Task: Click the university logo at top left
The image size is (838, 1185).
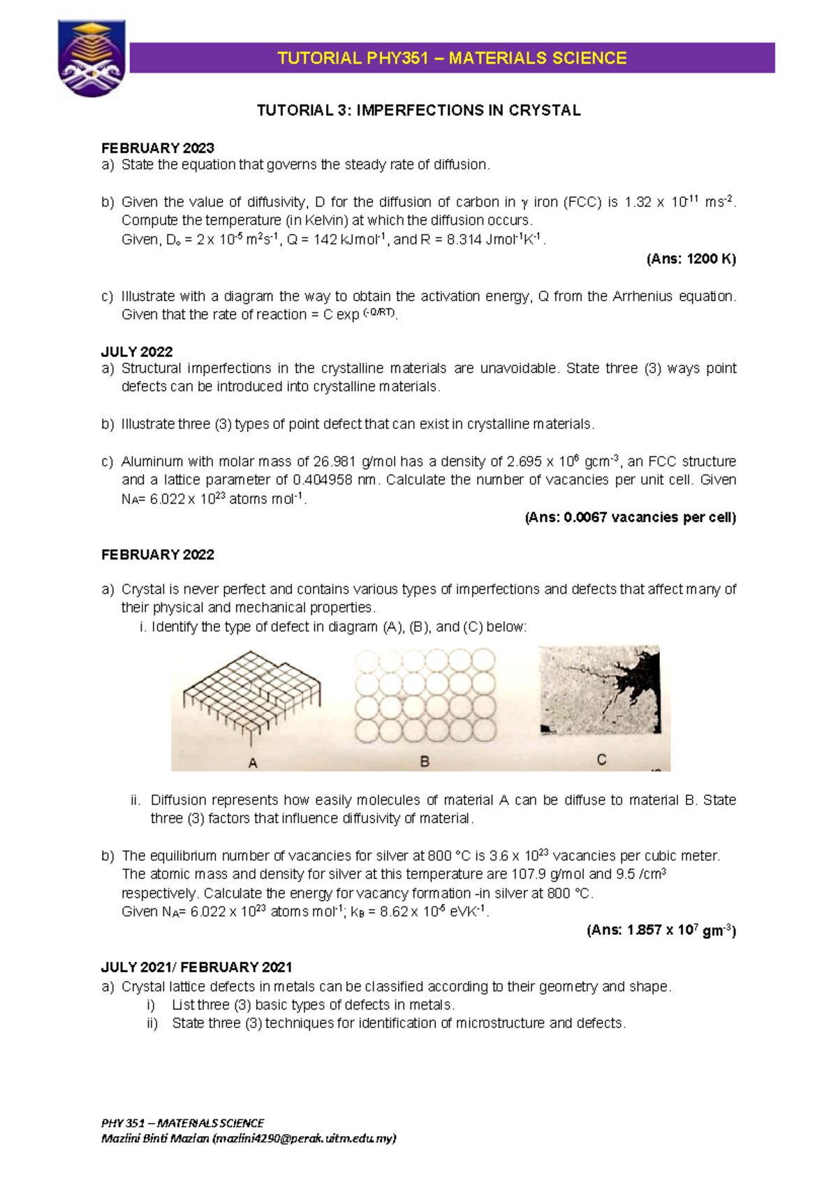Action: [x=91, y=57]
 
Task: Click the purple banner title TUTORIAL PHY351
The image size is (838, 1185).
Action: [x=452, y=58]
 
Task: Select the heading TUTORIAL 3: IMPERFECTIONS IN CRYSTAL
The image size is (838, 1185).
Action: [x=418, y=110]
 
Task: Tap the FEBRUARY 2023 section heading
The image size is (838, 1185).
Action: [x=158, y=148]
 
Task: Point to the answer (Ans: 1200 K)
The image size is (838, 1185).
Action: [x=691, y=259]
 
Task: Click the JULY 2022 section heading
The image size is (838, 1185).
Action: [x=137, y=351]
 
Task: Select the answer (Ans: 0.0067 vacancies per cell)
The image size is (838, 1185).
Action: [x=630, y=518]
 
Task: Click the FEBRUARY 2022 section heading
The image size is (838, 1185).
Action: [x=158, y=555]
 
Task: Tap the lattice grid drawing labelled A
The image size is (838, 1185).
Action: [x=251, y=695]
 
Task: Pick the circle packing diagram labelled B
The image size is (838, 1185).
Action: [x=425, y=695]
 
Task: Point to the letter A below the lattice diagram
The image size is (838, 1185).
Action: [x=253, y=764]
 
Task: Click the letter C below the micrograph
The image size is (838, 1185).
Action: [x=601, y=759]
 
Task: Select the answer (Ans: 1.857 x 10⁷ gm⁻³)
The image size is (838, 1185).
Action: [x=661, y=930]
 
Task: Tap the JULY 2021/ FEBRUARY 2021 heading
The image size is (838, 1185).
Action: [x=196, y=967]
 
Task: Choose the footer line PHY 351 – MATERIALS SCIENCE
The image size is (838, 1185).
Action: [x=182, y=1123]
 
